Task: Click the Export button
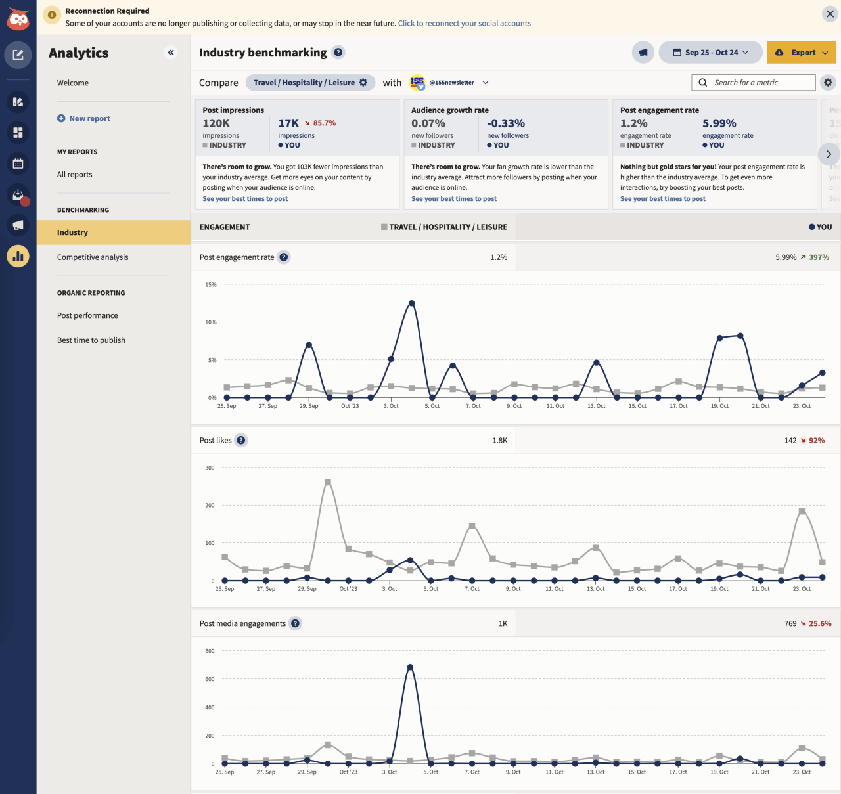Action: (x=801, y=53)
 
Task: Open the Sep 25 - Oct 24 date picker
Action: (x=710, y=53)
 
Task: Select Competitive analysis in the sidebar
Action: (x=93, y=257)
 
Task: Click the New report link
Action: (x=89, y=119)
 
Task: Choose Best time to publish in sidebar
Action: (x=91, y=340)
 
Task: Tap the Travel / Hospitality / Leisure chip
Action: (x=310, y=83)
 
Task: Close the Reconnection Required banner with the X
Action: (x=829, y=13)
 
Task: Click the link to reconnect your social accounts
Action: (x=464, y=24)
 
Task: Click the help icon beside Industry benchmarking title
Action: (x=338, y=53)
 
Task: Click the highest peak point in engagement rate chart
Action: (x=412, y=303)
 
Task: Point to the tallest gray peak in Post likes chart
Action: (x=328, y=483)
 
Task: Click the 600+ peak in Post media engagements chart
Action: (x=410, y=667)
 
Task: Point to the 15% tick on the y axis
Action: (x=211, y=285)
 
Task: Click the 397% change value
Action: (x=819, y=257)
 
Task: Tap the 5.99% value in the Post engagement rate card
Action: (x=719, y=123)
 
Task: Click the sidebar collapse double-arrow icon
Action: (x=171, y=53)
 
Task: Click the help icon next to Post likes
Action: (x=241, y=441)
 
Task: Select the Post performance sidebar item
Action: (x=87, y=316)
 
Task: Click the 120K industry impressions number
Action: (x=216, y=123)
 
